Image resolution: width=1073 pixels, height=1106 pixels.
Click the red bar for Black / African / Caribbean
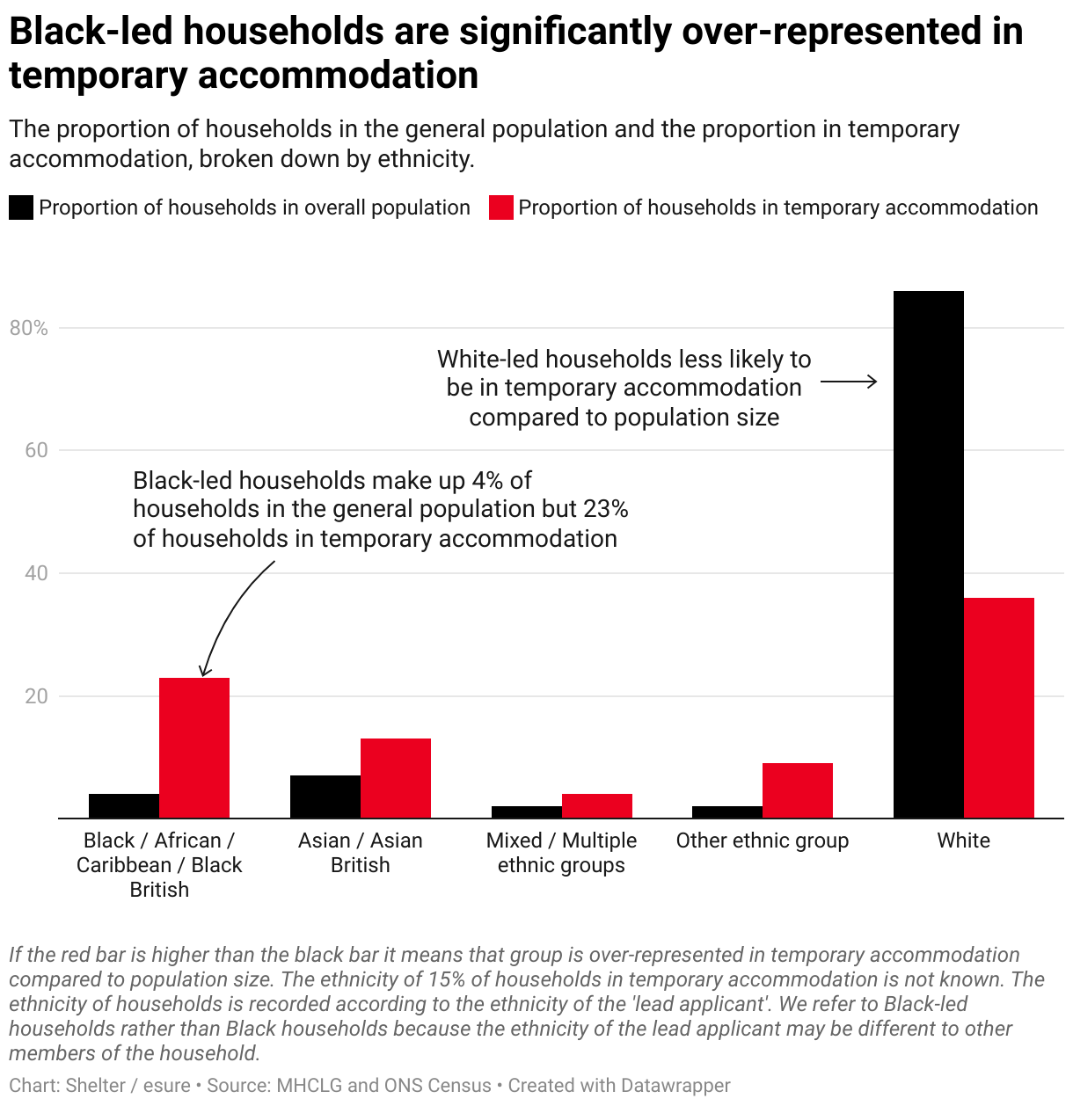[x=194, y=747]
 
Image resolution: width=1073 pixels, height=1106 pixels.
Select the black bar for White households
[x=928, y=554]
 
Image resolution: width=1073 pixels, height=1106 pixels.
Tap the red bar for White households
[x=998, y=708]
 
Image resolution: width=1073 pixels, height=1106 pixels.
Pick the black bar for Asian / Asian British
[x=325, y=797]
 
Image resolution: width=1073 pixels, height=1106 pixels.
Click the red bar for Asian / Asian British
[x=396, y=778]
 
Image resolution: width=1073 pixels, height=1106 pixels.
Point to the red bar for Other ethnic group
[x=797, y=790]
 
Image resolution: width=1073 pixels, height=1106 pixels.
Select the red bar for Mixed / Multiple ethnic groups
[x=596, y=805]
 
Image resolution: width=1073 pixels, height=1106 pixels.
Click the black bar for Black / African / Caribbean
[x=124, y=805]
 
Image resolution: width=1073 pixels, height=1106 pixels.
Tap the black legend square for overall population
[x=21, y=207]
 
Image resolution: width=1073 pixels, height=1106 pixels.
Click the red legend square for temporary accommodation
[x=500, y=207]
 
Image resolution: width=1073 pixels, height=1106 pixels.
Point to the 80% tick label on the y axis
[x=29, y=328]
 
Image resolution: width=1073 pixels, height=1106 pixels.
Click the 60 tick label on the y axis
[x=36, y=450]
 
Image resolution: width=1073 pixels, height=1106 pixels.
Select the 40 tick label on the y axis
[x=36, y=573]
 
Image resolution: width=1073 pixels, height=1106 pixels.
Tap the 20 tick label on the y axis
[x=36, y=696]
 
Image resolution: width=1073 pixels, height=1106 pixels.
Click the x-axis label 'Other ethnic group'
[x=762, y=840]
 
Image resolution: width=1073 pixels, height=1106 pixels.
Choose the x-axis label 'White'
[x=963, y=840]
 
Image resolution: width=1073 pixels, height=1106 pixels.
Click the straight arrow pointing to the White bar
[x=849, y=382]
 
